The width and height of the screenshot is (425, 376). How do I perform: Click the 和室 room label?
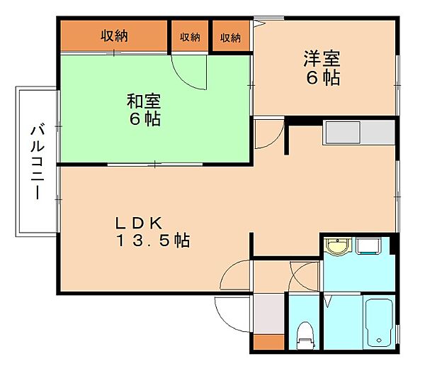pyautogui.click(x=144, y=101)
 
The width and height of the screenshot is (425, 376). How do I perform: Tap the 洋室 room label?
pyautogui.click(x=322, y=59)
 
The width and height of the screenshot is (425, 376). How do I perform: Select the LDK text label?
pyautogui.click(x=139, y=223)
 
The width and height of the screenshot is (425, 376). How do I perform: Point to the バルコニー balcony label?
pyautogui.click(x=37, y=161)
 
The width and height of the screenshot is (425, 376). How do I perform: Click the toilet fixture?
pyautogui.click(x=305, y=336)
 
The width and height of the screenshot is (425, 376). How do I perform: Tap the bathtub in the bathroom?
pyautogui.click(x=379, y=323)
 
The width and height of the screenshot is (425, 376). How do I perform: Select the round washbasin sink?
pyautogui.click(x=337, y=246)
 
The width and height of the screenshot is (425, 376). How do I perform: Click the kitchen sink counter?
pyautogui.click(x=359, y=133)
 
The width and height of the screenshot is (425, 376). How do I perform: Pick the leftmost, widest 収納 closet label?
pyautogui.click(x=114, y=36)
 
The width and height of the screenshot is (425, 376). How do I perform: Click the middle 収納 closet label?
pyautogui.click(x=190, y=37)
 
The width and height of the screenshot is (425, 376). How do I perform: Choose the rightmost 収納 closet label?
pyautogui.click(x=230, y=38)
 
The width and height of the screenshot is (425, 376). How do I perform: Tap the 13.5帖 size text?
pyautogui.click(x=153, y=240)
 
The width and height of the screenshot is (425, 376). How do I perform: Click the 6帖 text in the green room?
pyautogui.click(x=145, y=119)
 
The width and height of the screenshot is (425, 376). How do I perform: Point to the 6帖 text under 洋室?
pyautogui.click(x=323, y=77)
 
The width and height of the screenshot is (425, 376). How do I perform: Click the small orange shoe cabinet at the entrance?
pyautogui.click(x=269, y=342)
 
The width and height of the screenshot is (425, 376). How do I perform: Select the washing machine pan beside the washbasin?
pyautogui.click(x=368, y=246)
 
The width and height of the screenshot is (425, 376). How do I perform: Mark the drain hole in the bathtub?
pyautogui.click(x=379, y=340)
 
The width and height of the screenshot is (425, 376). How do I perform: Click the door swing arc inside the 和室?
pyautogui.click(x=186, y=77)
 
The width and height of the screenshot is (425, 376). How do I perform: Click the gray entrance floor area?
pyautogui.click(x=269, y=314)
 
